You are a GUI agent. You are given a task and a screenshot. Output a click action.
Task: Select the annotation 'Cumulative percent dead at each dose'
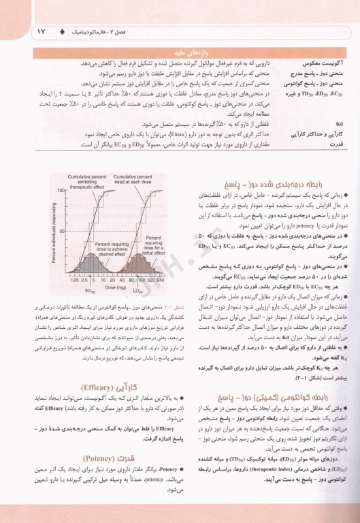point(134,161)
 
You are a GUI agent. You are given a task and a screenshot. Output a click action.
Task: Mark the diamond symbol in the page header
point(63,32)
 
